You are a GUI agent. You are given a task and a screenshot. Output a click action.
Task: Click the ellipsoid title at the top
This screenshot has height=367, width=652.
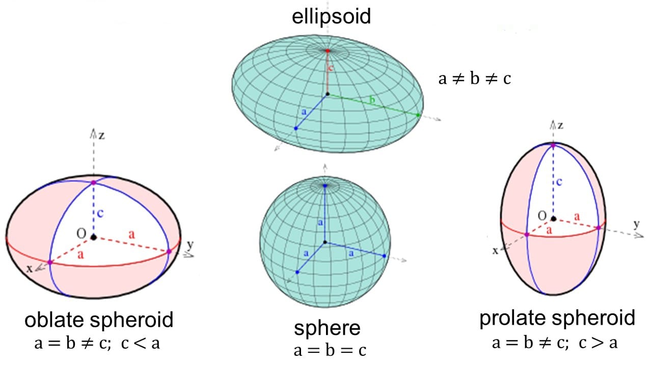click(x=331, y=17)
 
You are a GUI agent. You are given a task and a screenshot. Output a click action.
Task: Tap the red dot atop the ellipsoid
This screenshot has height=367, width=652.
click(x=328, y=50)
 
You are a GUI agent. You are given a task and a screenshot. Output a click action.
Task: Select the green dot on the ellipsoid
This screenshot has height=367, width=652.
click(x=418, y=115)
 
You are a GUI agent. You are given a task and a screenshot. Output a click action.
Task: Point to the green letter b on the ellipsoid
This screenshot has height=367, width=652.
click(x=372, y=100)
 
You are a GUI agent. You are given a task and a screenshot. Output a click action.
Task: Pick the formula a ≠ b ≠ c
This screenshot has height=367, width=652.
click(x=474, y=78)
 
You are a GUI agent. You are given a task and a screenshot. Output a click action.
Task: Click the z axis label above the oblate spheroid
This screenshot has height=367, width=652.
click(x=101, y=136)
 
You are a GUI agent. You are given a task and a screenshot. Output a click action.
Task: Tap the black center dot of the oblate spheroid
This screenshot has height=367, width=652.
click(x=93, y=238)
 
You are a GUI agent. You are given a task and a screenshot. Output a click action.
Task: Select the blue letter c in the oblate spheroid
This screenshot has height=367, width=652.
click(x=100, y=214)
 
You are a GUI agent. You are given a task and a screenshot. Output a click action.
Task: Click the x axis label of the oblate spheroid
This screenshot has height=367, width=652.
click(x=30, y=269)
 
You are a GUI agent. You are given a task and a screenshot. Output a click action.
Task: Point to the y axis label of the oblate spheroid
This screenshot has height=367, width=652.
click(x=190, y=245)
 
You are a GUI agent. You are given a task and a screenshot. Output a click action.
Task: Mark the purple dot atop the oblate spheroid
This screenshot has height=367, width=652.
click(x=93, y=182)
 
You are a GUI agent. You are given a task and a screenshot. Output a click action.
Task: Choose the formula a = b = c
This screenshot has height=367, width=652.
click(x=330, y=350)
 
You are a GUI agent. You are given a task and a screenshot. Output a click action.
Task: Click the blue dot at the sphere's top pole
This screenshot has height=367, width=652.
click(x=325, y=186)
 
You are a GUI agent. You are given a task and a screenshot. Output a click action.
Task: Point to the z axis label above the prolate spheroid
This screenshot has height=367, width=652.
click(x=560, y=125)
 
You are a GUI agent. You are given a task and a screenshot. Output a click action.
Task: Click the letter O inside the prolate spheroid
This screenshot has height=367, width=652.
click(x=542, y=216)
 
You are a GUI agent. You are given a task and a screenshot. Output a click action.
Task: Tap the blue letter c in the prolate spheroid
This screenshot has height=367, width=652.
click(x=559, y=182)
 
